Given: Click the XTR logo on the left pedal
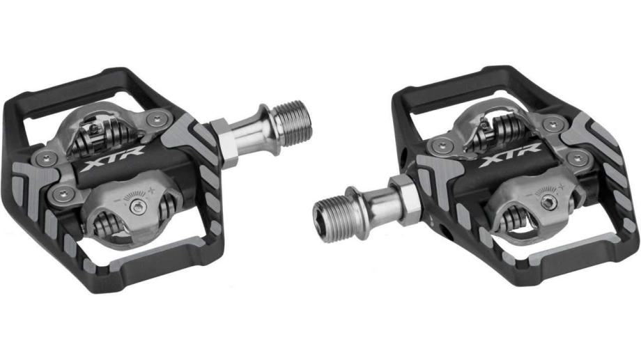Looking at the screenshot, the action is (x=112, y=158).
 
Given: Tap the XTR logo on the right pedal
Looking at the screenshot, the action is (x=510, y=155).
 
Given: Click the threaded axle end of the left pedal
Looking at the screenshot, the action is (x=291, y=123).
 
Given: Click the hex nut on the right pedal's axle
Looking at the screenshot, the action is (x=405, y=200).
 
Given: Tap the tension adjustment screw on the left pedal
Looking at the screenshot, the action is (x=138, y=208).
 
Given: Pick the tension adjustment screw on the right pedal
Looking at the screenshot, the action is (x=548, y=202).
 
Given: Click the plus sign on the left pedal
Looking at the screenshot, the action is (x=152, y=189).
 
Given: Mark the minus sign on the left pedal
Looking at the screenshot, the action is (x=117, y=200).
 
